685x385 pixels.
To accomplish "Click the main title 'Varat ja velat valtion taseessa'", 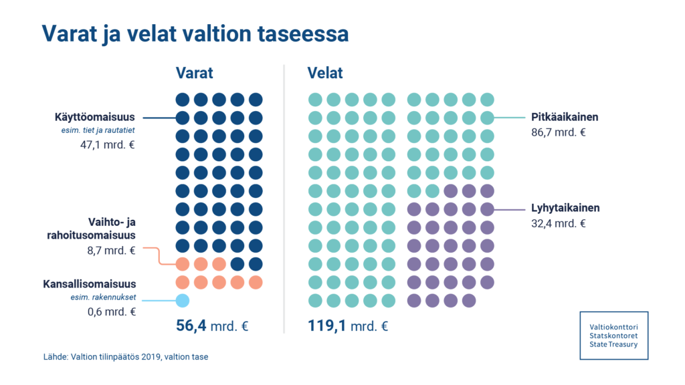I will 195,34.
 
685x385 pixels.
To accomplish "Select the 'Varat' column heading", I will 195,73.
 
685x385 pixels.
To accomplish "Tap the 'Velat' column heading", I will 325,73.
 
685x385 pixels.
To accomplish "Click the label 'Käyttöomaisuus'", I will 94,118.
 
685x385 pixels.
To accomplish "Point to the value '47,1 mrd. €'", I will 107,144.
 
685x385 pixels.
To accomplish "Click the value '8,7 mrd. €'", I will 112,251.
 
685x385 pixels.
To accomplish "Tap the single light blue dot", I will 182,301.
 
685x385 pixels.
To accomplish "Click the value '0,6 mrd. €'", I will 112,311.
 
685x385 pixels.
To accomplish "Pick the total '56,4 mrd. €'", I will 212,327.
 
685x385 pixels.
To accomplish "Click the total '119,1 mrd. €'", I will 348,327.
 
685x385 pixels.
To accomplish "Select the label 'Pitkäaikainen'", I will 564,117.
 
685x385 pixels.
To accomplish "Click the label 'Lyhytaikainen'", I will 565,208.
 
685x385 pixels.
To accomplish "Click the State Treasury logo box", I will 613,335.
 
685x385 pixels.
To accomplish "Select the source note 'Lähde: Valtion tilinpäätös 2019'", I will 125,357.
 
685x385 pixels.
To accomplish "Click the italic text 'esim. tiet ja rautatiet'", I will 98,131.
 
